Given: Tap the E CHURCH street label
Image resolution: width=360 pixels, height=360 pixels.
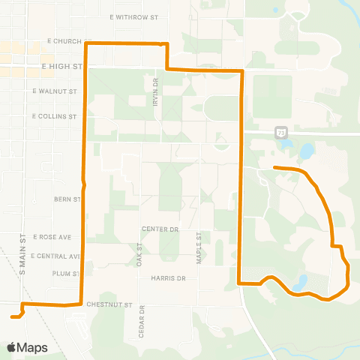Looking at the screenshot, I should point(63,41).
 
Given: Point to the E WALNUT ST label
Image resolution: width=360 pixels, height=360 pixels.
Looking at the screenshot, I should point(55,91).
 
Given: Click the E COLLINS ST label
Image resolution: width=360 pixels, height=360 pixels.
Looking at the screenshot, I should point(55,116).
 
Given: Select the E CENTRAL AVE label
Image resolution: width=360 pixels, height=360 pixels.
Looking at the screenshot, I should point(55,256).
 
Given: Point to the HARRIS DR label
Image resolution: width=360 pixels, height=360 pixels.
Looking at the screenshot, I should point(167,277).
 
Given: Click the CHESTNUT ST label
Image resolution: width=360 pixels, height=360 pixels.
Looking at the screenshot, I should point(109,305).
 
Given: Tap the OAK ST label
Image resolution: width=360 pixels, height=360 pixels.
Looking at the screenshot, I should point(139,255).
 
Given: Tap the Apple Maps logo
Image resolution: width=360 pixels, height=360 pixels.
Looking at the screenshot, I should point(27,347).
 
